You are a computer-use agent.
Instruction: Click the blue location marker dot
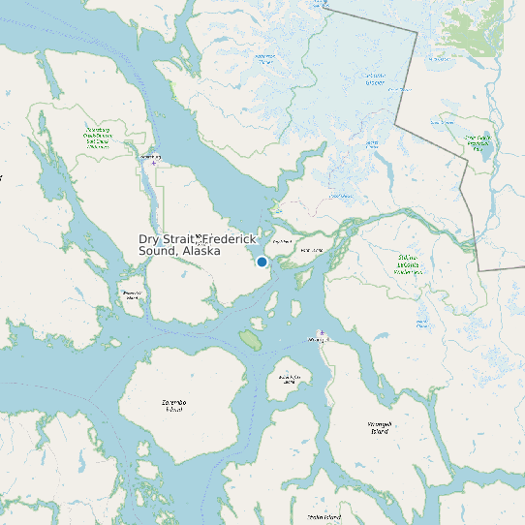click(x=262, y=262)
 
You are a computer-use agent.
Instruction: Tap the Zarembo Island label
click(x=174, y=405)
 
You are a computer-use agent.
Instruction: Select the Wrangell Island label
click(x=379, y=426)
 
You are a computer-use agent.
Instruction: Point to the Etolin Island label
click(x=324, y=517)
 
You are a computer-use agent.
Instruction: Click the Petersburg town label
click(x=150, y=156)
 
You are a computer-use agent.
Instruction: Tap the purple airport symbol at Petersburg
click(x=153, y=164)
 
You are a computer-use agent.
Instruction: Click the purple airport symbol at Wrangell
click(x=322, y=333)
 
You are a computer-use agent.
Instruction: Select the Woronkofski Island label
click(x=288, y=379)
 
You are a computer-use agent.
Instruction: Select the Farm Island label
click(x=311, y=251)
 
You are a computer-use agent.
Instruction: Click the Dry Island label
click(x=282, y=241)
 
